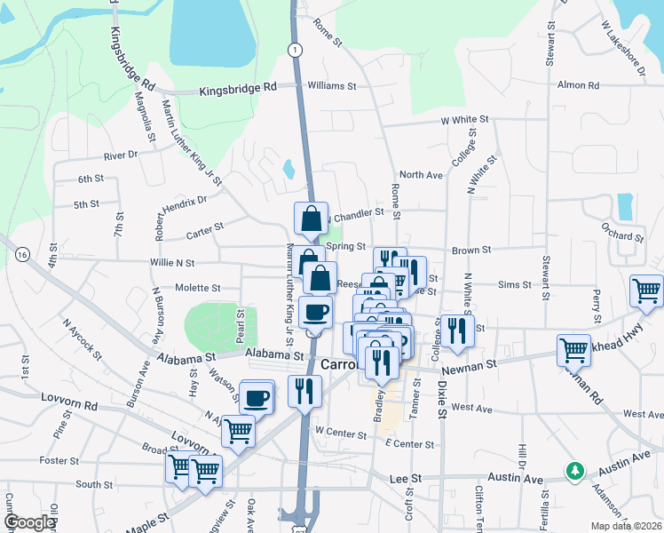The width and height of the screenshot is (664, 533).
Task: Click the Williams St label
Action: (x=331, y=86)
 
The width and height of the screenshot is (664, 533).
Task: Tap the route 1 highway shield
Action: (x=293, y=50)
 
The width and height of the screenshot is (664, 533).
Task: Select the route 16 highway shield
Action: (x=22, y=255)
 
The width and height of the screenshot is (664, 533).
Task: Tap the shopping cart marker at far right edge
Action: (x=647, y=290)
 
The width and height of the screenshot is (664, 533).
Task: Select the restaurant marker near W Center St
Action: (x=304, y=391)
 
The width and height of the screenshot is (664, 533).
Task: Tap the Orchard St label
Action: (x=621, y=237)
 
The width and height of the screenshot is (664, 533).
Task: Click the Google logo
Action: (x=29, y=522)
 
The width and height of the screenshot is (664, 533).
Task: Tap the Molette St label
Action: (x=197, y=288)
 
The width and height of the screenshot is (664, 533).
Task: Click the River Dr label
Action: (x=121, y=155)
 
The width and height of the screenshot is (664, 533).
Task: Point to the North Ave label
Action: (x=421, y=175)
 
